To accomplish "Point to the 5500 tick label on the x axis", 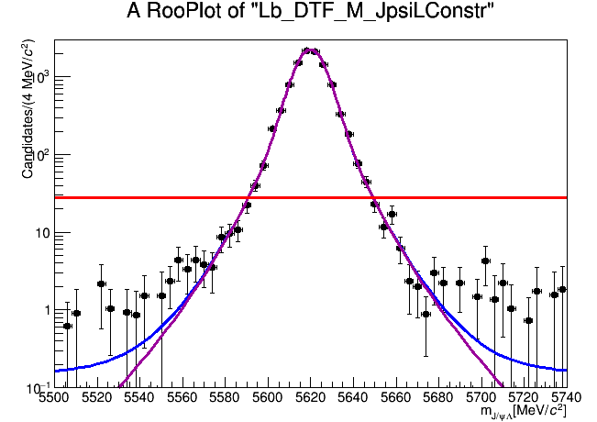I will (55, 398).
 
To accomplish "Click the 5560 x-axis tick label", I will (182, 398).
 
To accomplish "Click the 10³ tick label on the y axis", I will (38, 79).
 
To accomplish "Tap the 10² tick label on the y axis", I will (38, 156).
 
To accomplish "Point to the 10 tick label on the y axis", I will (40, 233).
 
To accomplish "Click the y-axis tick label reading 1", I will (45, 310).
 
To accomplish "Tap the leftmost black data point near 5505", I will (67, 326).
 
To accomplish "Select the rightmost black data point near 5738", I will (562, 289).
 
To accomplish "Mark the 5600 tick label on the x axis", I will (268, 398).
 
